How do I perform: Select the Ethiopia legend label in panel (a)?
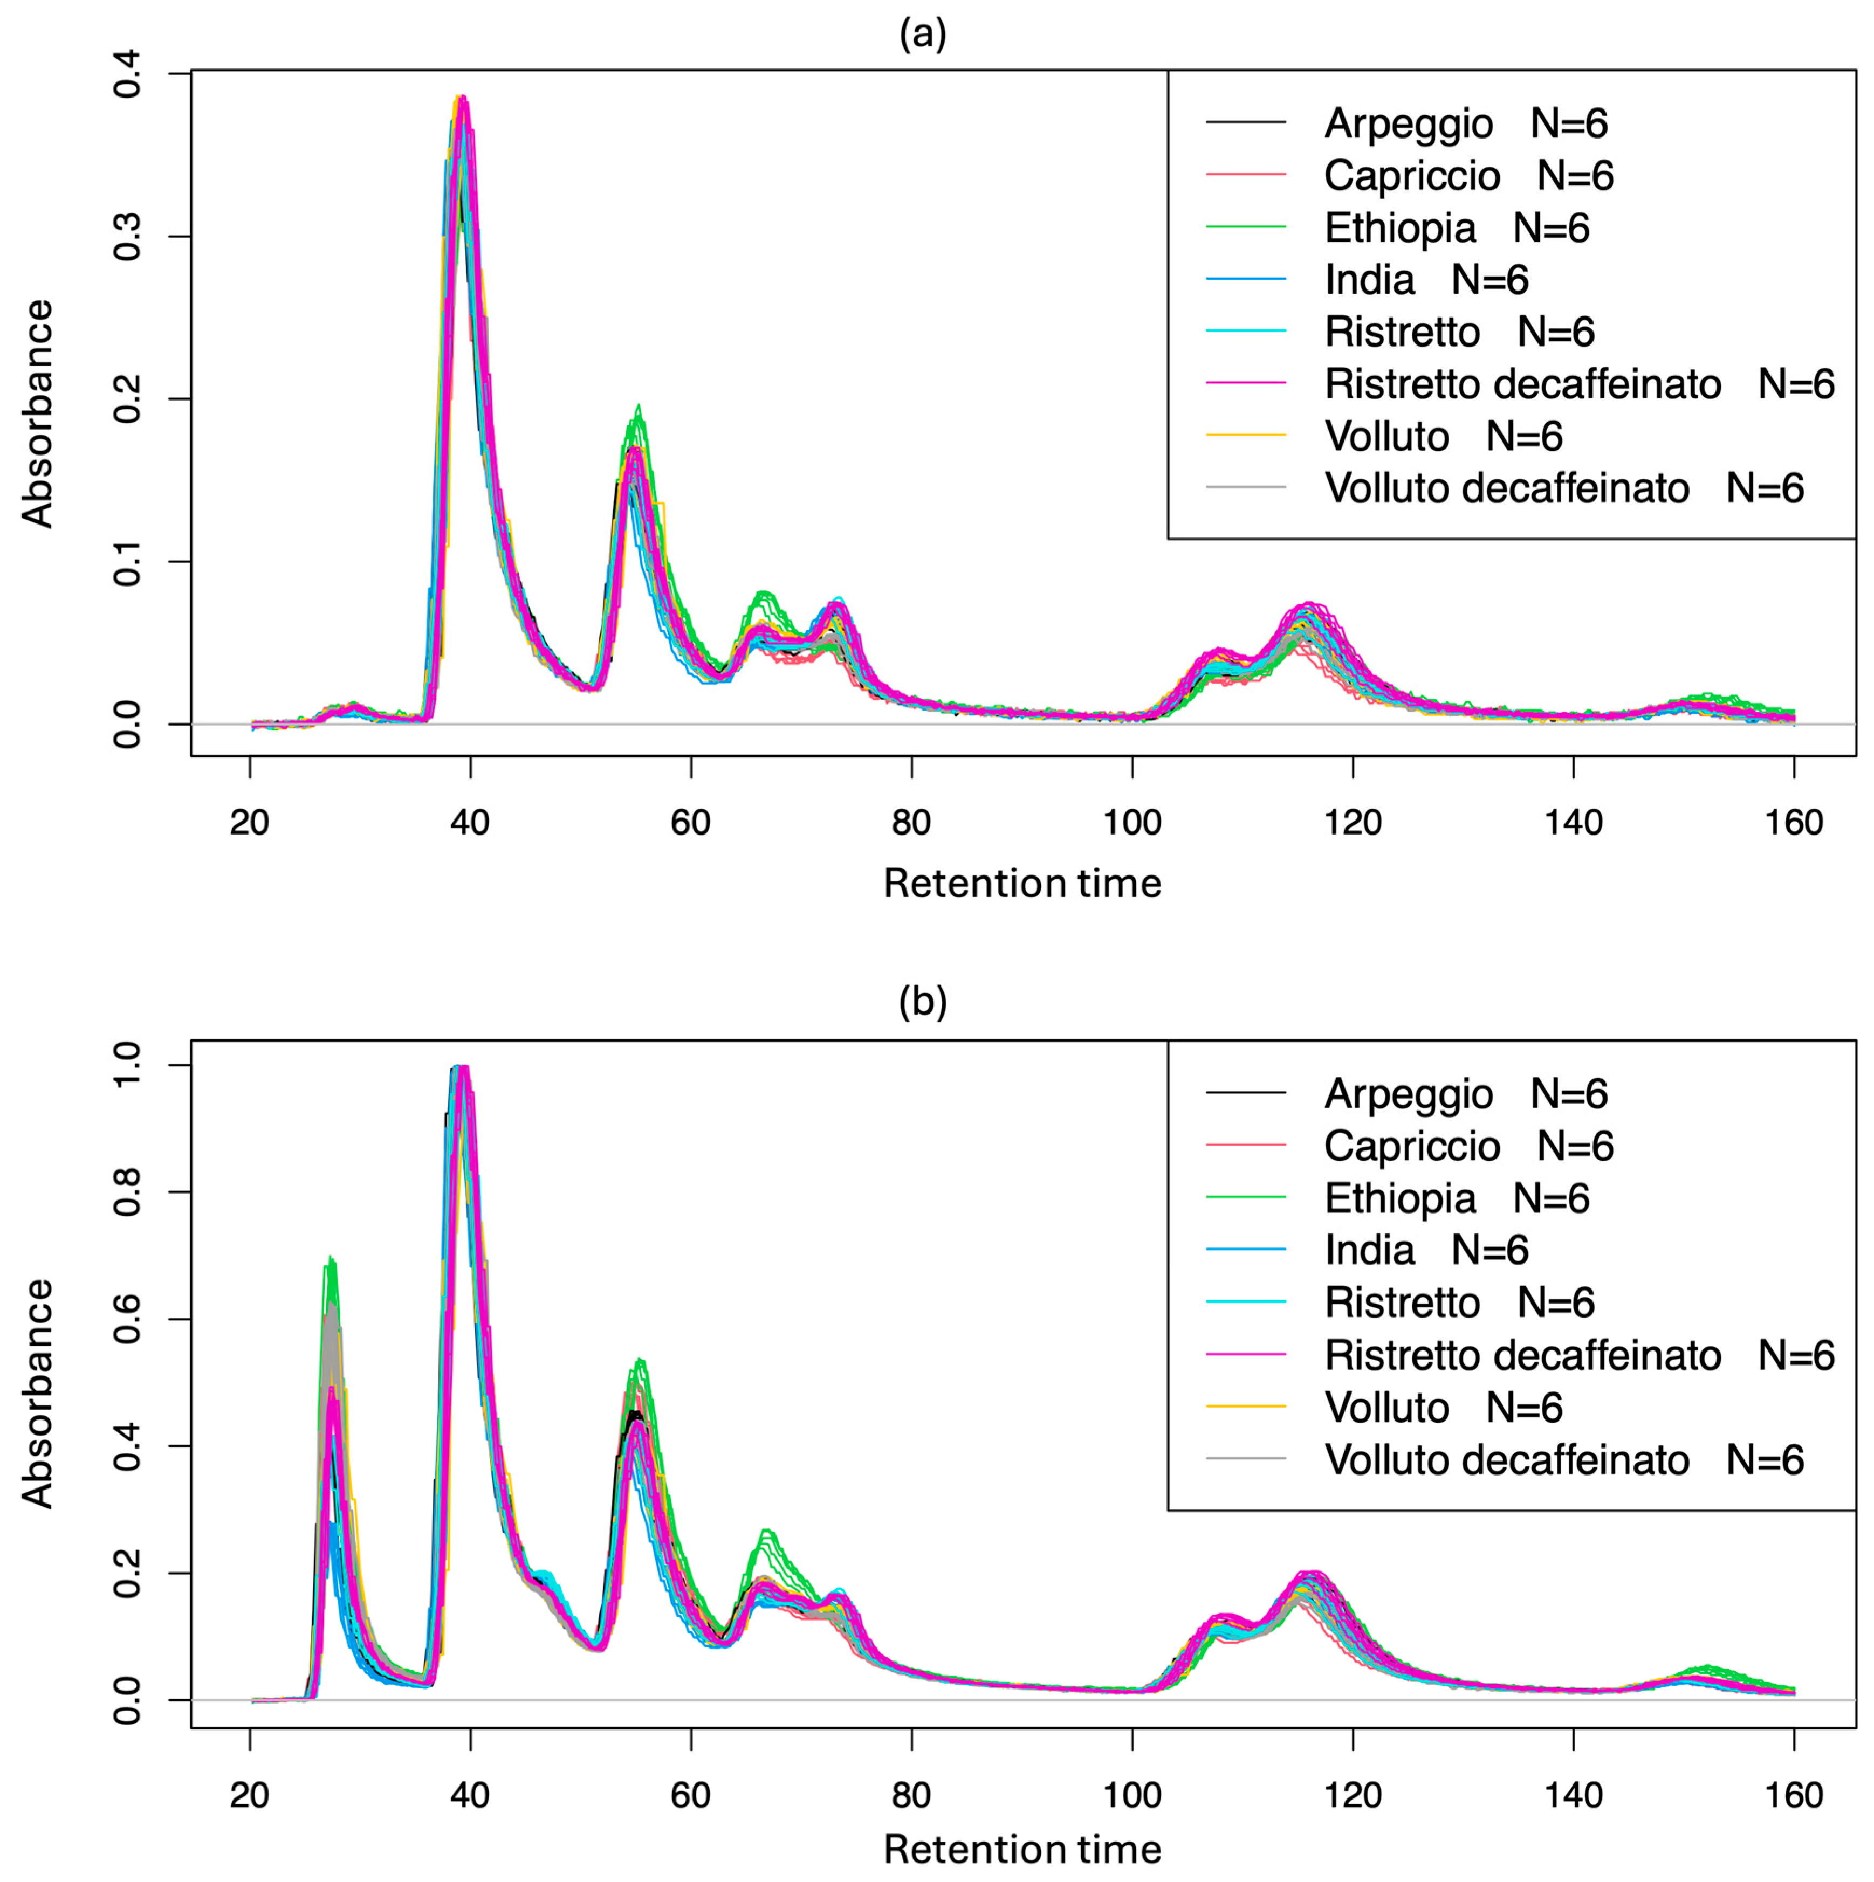pyautogui.click(x=1399, y=228)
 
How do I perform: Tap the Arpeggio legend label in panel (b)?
pyautogui.click(x=1408, y=1094)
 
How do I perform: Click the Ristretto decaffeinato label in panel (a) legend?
pyautogui.click(x=1522, y=384)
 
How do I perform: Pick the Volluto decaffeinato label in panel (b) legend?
pyautogui.click(x=1507, y=1459)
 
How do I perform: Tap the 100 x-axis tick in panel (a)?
pyautogui.click(x=1132, y=823)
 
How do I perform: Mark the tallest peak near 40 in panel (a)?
pyautogui.click(x=464, y=98)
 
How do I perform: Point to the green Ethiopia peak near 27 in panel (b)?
pyautogui.click(x=331, y=1259)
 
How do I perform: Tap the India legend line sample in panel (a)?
pyautogui.click(x=1245, y=280)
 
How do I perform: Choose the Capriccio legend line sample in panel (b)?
pyautogui.click(x=1245, y=1146)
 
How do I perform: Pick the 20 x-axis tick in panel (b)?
pyautogui.click(x=250, y=1795)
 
